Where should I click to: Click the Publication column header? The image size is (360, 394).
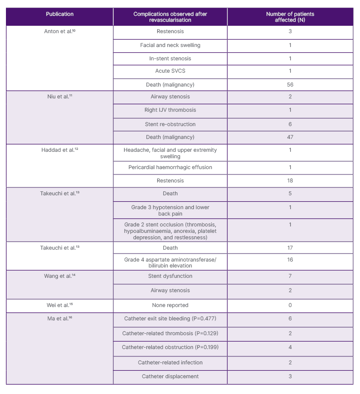pos(60,14)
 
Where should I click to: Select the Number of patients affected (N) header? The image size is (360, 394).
pos(290,17)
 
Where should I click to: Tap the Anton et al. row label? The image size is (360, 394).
pos(60,31)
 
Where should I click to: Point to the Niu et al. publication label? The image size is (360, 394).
pos(60,96)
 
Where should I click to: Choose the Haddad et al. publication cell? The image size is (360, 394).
pos(60,150)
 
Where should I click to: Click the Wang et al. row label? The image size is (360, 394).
pos(60,276)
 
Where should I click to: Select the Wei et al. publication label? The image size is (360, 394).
pos(60,305)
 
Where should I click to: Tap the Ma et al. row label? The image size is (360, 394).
pos(60,318)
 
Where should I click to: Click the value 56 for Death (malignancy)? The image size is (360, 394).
pos(290,85)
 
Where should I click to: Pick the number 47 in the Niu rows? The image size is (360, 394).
pos(290,137)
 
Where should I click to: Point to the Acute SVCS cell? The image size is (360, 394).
pos(170,71)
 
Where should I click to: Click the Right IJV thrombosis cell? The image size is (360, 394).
pos(170,110)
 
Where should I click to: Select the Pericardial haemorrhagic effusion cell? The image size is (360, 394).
pos(170,167)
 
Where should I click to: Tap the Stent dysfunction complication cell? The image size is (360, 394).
pos(170,276)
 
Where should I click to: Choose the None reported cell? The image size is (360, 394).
pos(170,305)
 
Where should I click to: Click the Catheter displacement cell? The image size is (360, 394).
pos(170,376)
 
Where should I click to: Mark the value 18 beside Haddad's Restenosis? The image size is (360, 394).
pos(290,181)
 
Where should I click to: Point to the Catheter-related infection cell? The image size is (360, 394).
pos(170,362)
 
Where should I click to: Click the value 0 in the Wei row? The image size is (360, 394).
pos(290,305)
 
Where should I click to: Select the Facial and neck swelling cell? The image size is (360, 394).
pos(170,45)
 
